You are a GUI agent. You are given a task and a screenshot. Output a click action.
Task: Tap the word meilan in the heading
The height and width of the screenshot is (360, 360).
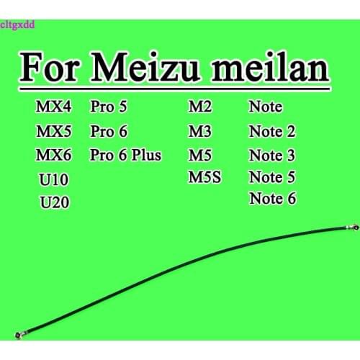[268, 70]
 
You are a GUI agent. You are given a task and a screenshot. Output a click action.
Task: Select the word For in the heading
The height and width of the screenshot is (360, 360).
[50, 70]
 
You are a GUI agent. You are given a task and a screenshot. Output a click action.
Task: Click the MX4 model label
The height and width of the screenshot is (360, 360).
[53, 109]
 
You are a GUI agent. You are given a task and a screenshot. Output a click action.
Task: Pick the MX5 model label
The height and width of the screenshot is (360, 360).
[53, 132]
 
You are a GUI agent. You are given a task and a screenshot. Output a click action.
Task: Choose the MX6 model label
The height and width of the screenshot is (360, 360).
[53, 154]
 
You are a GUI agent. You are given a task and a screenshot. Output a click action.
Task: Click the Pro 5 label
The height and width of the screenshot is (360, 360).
[109, 109]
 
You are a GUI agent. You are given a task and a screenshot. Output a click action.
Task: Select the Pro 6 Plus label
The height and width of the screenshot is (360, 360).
[126, 154]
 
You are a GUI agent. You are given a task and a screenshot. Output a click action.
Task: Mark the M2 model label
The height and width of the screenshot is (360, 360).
[199, 109]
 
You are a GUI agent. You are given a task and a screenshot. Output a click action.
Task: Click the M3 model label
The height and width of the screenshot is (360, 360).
[199, 132]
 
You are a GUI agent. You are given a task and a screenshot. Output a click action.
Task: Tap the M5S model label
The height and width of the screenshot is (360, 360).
[206, 176]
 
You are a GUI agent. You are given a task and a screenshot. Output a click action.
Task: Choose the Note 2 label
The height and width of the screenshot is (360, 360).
[272, 132]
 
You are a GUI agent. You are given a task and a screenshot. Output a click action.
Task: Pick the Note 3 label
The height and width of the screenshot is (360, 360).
[272, 155]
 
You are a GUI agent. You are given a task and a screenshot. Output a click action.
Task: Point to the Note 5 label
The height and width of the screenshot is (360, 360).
[272, 176]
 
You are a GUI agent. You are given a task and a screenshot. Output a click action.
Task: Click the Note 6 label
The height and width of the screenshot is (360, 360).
[272, 198]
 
